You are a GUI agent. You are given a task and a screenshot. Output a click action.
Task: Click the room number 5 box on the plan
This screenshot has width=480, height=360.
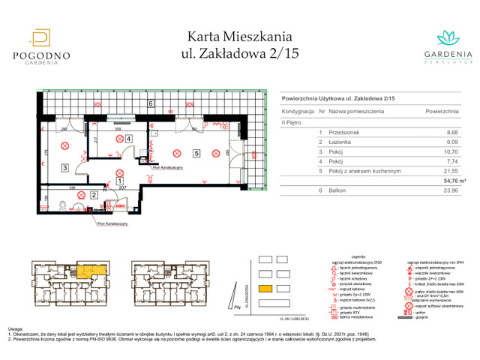pyautogui.click(x=196, y=154)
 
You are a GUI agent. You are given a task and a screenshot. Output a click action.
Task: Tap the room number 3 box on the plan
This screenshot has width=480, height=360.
pyautogui.click(x=66, y=168)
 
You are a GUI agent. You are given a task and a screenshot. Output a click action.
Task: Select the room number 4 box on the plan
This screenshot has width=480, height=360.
pyautogui.click(x=129, y=139)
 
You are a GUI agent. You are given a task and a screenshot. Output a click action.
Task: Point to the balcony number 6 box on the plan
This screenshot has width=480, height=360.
pyautogui.click(x=150, y=103)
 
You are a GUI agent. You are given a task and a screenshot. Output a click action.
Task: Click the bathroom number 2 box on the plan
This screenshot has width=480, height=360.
pyautogui.click(x=94, y=195)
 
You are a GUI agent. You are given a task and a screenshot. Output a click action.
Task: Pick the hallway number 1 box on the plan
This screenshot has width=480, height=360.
pyautogui.click(x=120, y=180)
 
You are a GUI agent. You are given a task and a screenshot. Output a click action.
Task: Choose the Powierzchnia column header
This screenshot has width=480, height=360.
pyautogui.click(x=442, y=110)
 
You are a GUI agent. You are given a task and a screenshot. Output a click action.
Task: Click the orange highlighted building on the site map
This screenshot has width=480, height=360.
pyautogui.click(x=265, y=289)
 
